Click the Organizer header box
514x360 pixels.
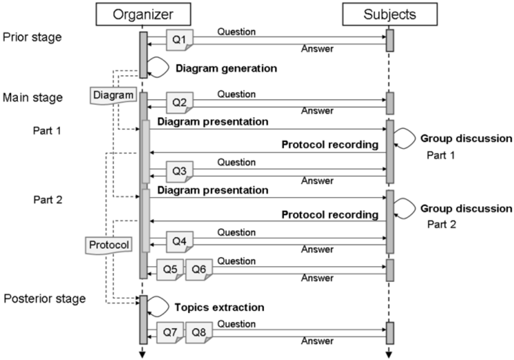point(143,14)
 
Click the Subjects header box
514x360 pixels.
point(390,14)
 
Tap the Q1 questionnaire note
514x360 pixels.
point(180,40)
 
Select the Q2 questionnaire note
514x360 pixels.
point(180,103)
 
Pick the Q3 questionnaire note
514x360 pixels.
point(180,171)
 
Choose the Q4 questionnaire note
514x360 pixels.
point(180,242)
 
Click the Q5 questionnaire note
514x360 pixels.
point(170,269)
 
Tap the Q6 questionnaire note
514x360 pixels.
point(199,269)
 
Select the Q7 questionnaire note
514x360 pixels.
point(170,332)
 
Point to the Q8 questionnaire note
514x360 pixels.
point(199,332)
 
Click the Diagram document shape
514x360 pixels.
point(113,95)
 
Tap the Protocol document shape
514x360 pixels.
point(109,245)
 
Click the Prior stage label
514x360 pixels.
point(32,37)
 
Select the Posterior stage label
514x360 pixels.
point(45,299)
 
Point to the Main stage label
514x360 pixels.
point(32,97)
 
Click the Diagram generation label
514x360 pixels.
point(227,68)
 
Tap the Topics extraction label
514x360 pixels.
point(219,307)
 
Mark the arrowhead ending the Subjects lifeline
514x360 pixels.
point(389,354)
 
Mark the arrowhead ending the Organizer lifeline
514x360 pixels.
point(142,354)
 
